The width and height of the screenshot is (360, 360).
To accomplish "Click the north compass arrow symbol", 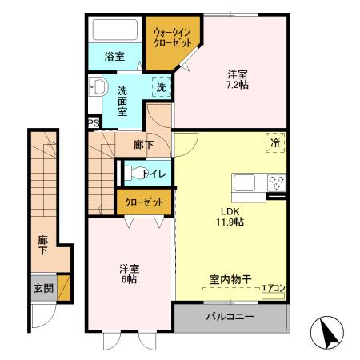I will tap(326, 331).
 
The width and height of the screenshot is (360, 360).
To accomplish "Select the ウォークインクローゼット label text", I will tap(172, 38).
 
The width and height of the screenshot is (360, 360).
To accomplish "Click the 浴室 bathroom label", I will tap(115, 57).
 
